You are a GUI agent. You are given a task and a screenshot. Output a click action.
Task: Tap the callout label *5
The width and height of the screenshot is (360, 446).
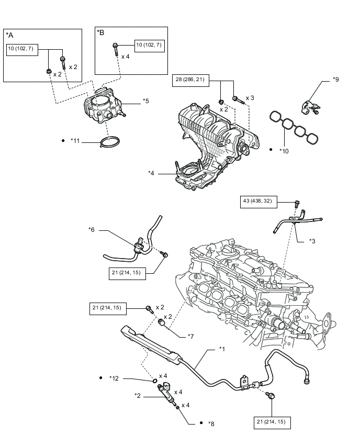coord(146,101)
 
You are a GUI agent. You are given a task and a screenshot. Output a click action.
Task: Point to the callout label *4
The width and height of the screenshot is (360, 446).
coord(151,173)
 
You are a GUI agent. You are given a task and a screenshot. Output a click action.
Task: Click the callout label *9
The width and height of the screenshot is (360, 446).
coord(336,80)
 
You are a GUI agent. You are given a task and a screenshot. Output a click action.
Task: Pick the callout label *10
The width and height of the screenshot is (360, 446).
coord(284,151)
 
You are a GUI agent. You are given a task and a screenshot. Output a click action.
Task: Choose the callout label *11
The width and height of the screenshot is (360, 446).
coord(75,140)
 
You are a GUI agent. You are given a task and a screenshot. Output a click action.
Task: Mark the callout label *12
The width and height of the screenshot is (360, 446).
coord(114,378)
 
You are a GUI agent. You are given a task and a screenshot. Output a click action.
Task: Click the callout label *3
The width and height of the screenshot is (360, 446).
coord(312,241)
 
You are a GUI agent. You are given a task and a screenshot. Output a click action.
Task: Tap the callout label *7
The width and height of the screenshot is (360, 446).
coord(191,337)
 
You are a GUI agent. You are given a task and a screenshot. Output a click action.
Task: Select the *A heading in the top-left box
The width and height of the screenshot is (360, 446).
coord(9,35)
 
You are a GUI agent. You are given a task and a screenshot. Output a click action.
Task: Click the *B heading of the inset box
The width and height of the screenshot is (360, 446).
coord(100,32)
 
